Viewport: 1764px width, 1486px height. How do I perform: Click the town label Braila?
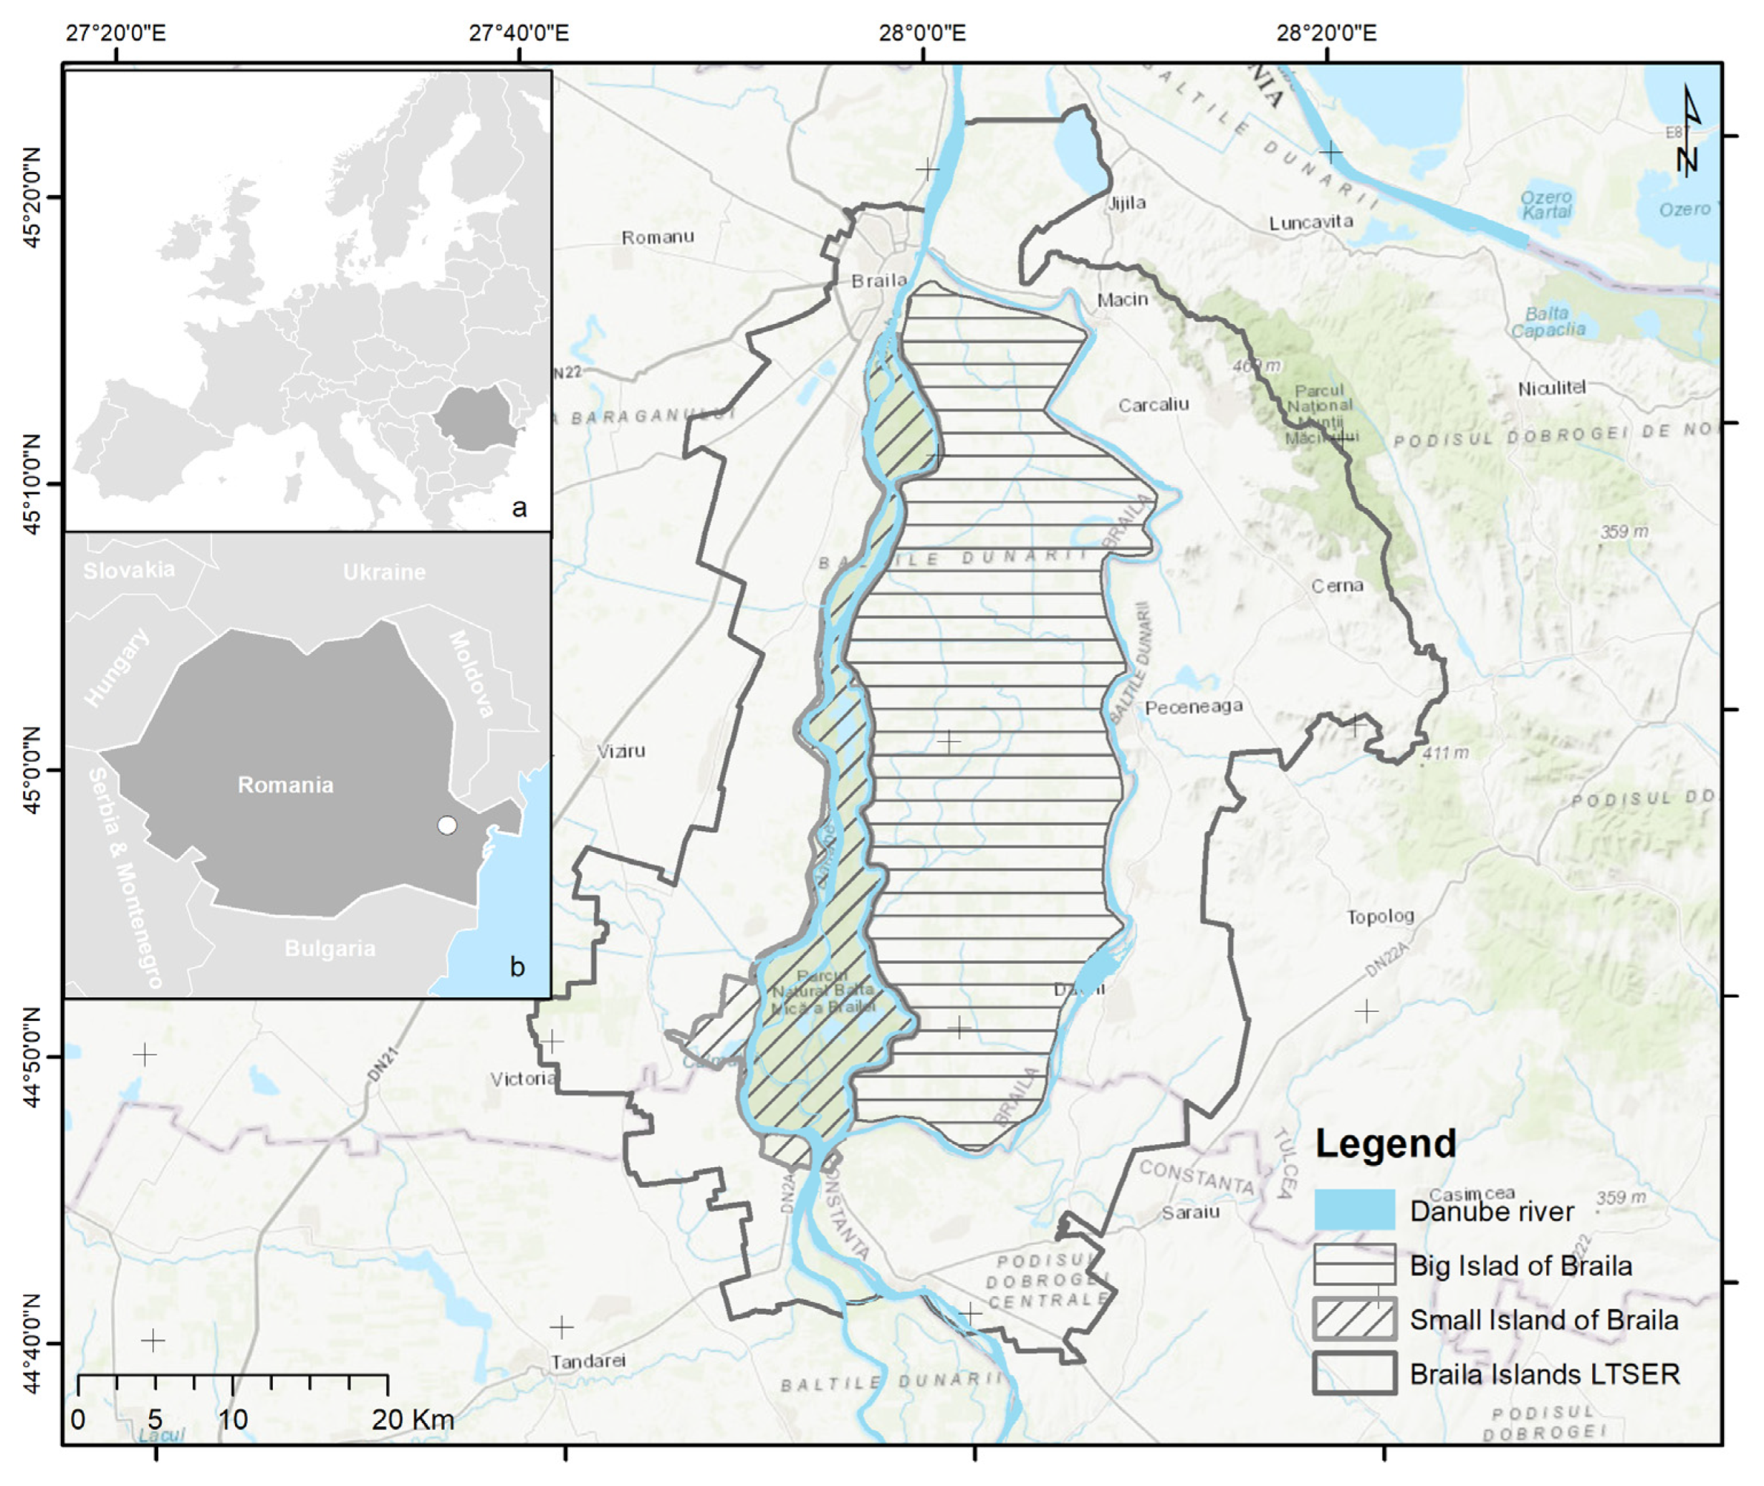878,281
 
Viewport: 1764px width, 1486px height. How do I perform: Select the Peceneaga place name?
1193,706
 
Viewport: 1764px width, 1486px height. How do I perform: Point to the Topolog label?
1380,916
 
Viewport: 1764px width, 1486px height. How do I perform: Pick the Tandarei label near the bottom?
588,1361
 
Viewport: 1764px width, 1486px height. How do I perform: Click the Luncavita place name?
1310,222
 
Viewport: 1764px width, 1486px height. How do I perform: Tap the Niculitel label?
1552,388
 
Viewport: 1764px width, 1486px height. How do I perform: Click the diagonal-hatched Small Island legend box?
1353,1318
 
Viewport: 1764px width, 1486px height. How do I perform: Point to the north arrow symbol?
1687,130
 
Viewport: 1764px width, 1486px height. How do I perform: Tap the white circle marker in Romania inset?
447,825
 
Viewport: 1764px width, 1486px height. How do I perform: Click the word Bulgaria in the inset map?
330,949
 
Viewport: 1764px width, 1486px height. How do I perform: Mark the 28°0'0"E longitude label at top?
921,33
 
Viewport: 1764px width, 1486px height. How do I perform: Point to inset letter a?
519,507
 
